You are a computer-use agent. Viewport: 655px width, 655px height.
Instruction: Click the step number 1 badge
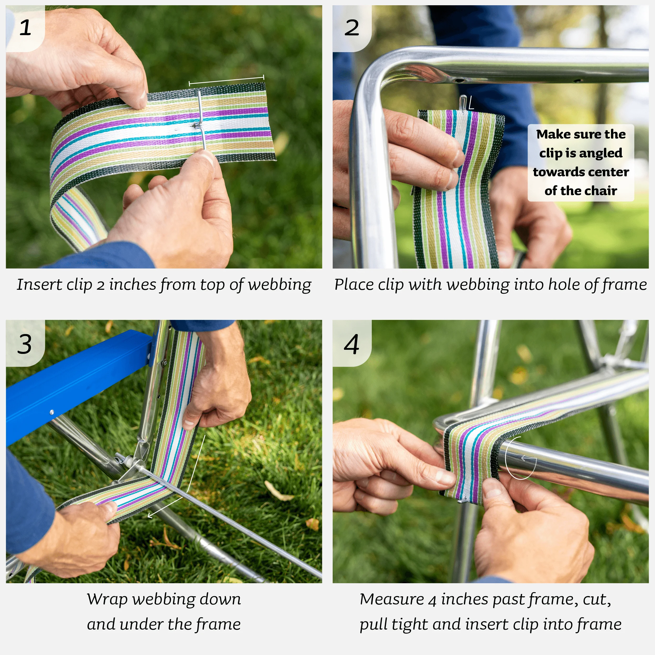[x=25, y=28]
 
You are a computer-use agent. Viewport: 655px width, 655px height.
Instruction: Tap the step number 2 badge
[x=352, y=28]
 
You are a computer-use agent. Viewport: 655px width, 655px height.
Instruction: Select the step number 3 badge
[x=24, y=344]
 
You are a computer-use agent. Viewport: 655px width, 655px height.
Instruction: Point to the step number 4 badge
[x=352, y=344]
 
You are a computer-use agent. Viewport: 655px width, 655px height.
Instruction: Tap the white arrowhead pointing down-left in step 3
[x=151, y=516]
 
